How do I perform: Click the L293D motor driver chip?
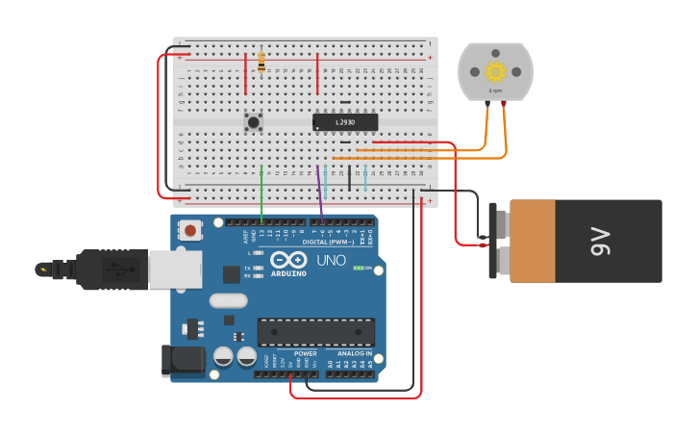coord(345,122)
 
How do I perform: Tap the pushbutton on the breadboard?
coord(253,121)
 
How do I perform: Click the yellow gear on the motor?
coord(495,71)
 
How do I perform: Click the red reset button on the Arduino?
coord(191,230)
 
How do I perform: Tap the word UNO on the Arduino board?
coord(331,260)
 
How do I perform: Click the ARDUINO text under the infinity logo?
coord(288,273)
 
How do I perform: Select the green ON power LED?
coord(358,268)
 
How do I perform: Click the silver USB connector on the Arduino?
coord(174,269)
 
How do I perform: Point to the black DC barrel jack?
coord(184,360)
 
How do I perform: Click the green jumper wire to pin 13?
coord(261,192)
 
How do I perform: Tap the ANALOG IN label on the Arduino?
coord(355,353)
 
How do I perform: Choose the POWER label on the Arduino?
coord(305,353)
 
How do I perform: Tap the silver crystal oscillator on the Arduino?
coord(228,300)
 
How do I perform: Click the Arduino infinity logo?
coord(288,259)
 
